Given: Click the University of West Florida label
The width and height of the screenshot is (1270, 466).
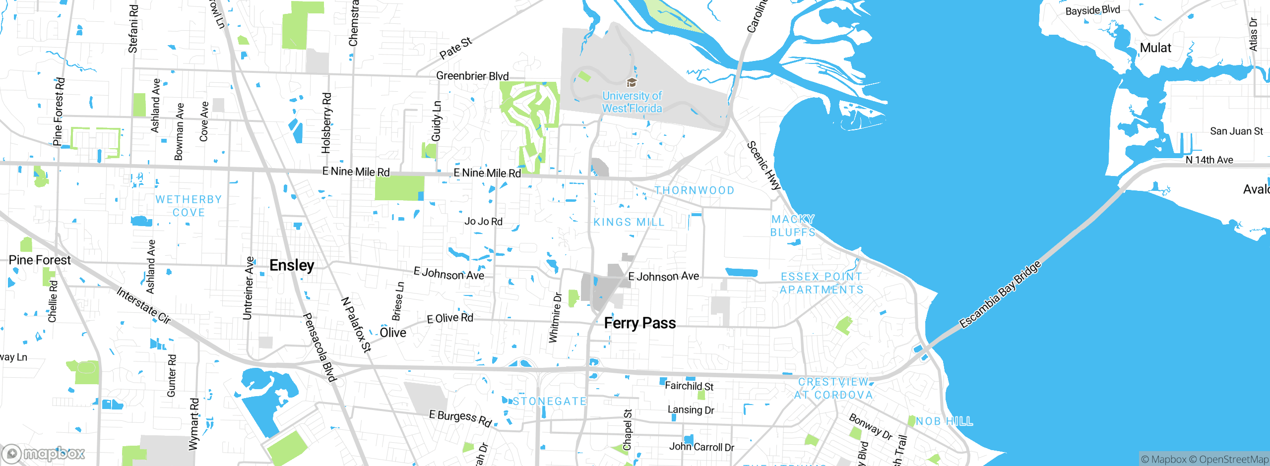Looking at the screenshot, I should pos(632,102).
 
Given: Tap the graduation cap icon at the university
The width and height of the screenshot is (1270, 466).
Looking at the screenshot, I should pos(632,82).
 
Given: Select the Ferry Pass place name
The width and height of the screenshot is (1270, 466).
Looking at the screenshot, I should pos(639,323).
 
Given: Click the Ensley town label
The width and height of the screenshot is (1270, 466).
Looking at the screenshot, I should pos(292,265).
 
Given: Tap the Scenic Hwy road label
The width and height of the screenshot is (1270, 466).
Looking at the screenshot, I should pos(764,166).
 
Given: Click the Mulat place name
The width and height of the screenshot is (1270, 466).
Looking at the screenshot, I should pos(1155,48).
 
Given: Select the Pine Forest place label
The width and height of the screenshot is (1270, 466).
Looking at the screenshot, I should pos(40,260).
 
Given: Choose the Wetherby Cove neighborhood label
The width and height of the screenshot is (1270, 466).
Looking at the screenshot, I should pos(189,206).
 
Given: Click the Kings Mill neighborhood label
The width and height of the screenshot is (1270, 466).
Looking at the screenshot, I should pos(629,222).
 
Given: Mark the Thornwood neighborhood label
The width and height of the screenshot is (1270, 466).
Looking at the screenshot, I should pos(694,190).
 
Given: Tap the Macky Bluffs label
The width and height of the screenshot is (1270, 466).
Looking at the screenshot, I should pos(793,226).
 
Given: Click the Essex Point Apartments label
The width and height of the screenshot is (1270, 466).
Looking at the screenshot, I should pos(822,283).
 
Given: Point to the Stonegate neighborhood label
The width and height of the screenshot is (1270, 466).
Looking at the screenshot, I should pos(550,401).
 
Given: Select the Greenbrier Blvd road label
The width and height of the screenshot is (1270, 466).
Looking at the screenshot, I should pos(472,76).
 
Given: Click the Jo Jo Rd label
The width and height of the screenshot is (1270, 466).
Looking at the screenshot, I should pos(483,221).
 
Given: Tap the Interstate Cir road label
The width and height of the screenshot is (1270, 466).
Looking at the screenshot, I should pos(144,305).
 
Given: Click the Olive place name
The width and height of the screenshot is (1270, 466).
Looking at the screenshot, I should pos(393,333).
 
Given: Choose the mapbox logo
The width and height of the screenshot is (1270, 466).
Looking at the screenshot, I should pos(44,453).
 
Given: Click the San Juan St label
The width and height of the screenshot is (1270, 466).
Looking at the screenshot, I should pos(1236,131).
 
